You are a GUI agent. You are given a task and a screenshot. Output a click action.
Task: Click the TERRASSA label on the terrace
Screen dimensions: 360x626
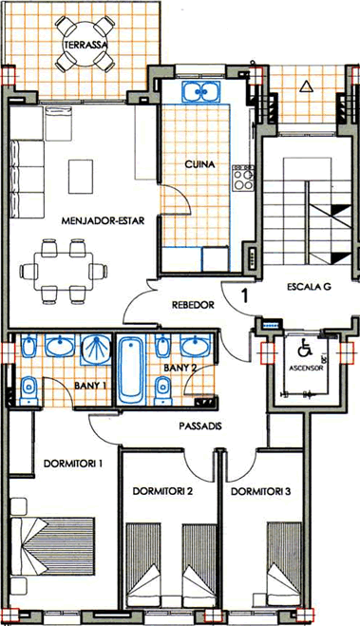[x=85, y=45]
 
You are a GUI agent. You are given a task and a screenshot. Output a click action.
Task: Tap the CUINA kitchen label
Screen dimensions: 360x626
[x=200, y=164]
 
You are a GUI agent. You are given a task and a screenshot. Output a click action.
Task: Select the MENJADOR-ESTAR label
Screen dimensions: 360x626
[x=103, y=220]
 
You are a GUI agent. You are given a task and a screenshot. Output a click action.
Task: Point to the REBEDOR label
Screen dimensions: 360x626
[x=193, y=305]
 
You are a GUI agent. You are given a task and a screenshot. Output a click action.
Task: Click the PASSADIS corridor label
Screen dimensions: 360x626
[x=200, y=426]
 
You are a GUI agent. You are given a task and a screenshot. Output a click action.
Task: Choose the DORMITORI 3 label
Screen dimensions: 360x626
[x=261, y=491]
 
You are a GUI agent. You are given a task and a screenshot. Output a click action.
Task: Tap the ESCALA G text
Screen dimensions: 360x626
[x=310, y=287]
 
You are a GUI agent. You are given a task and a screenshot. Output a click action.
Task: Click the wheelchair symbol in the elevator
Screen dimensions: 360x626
[x=305, y=348]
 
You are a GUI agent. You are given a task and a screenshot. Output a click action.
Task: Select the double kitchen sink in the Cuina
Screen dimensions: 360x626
[x=200, y=92]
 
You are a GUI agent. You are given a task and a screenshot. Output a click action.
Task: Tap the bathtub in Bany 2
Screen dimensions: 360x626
[x=131, y=370]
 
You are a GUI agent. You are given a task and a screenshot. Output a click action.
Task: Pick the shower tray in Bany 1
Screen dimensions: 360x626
[x=96, y=350]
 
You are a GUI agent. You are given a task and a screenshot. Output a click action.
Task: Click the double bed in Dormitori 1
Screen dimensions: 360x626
[x=53, y=546]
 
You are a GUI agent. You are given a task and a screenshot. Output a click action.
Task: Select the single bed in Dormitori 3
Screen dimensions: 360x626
[x=284, y=564]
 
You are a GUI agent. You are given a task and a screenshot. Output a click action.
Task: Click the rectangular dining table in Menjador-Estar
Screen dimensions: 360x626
[x=64, y=272]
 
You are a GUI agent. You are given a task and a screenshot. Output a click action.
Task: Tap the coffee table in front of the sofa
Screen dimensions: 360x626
[x=81, y=177]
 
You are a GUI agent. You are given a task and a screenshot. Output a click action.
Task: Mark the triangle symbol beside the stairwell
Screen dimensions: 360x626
[x=305, y=85]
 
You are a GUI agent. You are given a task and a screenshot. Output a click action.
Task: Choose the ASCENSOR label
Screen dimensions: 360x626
[x=306, y=368]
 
